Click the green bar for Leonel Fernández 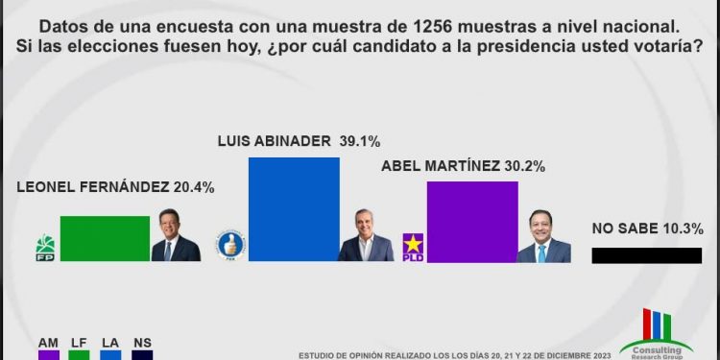point(105,238)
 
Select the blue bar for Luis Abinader point(294,208)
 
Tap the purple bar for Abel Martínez point(471,221)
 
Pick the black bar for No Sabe point(647,255)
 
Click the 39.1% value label point(379,138)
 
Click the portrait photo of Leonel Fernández point(176,236)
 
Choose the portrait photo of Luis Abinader point(365,236)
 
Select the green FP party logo point(45,247)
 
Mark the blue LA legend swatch point(110,355)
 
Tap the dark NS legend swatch point(142,355)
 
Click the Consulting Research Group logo point(656,336)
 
